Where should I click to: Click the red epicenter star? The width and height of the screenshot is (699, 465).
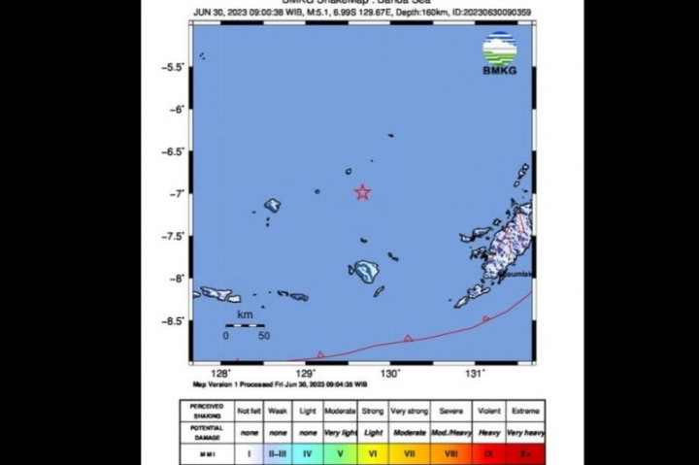click(x=362, y=192)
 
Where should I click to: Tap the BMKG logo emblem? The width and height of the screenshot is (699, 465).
click(x=499, y=48)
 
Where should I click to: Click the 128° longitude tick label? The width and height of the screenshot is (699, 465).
click(x=221, y=374)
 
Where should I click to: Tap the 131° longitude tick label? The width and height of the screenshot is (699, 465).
click(x=476, y=374)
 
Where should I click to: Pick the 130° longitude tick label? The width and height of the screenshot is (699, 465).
click(x=391, y=374)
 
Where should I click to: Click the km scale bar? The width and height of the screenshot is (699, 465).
click(x=245, y=326)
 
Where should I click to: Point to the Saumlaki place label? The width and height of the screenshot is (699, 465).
click(x=516, y=275)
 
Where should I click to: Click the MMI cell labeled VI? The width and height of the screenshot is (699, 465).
click(x=373, y=451)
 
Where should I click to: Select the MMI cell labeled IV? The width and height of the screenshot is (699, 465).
click(x=307, y=451)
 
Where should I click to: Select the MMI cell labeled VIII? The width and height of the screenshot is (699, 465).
click(x=449, y=451)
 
